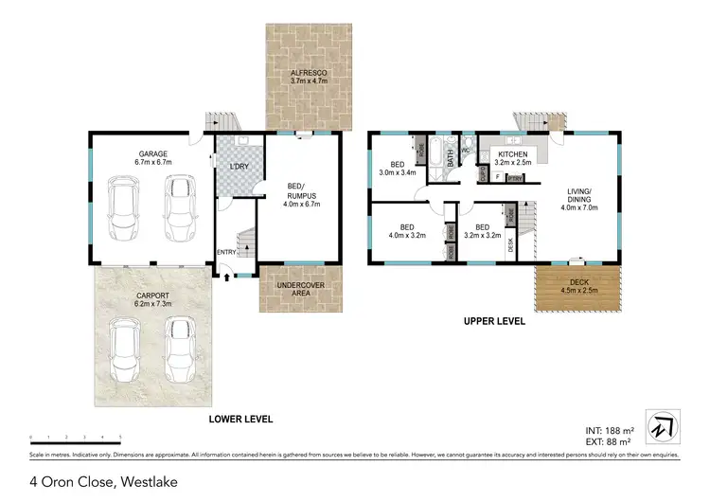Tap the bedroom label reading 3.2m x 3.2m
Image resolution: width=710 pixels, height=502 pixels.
click(x=482, y=232)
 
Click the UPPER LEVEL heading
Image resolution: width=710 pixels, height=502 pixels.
click(x=493, y=322)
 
